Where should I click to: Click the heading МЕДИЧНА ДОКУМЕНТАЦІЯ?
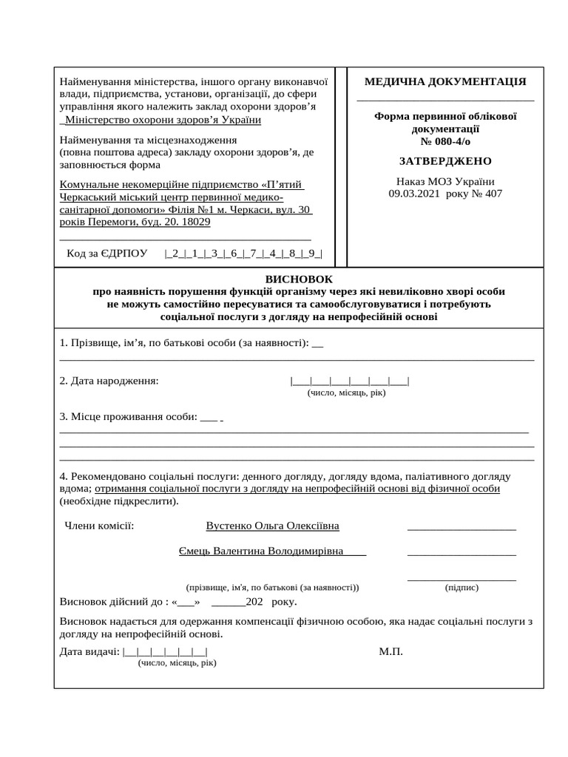[x=445, y=82]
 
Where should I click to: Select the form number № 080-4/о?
[x=445, y=141]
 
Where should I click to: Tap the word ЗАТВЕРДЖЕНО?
[x=445, y=161]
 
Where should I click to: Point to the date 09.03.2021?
[x=414, y=194]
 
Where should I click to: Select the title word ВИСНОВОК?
[x=299, y=279]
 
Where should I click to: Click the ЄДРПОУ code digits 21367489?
[x=243, y=254]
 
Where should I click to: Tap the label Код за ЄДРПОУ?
[x=107, y=254]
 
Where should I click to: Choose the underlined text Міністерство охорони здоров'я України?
[x=163, y=120]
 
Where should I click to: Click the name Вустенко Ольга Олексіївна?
[x=273, y=526]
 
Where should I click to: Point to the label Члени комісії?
[x=99, y=526]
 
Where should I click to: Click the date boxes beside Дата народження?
[x=350, y=381]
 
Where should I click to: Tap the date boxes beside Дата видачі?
[x=166, y=651]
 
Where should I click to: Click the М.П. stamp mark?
[x=390, y=651]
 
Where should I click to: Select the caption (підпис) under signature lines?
[x=461, y=588]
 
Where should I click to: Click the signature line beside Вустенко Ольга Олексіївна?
[x=461, y=528]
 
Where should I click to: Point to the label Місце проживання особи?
[x=128, y=416]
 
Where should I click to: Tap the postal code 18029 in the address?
[x=195, y=222]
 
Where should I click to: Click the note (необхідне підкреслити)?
[x=119, y=501]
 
